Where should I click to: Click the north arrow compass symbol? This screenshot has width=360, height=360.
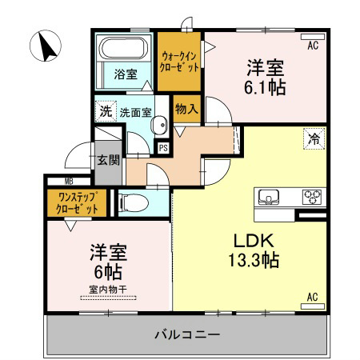point(46,46)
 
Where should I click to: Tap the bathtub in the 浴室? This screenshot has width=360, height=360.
point(123,48)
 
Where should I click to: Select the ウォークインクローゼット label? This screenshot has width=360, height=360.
point(179,62)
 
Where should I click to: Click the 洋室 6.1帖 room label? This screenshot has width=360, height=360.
point(265,77)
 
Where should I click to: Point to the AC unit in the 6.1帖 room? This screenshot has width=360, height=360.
point(313,37)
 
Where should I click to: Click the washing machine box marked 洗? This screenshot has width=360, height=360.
point(106,111)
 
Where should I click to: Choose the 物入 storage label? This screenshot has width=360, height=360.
point(186,109)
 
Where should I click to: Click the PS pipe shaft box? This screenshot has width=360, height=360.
point(163,148)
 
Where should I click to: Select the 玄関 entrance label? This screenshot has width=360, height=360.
point(108,160)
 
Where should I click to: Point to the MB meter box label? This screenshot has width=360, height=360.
point(69,182)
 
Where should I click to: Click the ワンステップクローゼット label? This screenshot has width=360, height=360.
point(77,203)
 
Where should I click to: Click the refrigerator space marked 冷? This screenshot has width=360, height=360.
point(314,138)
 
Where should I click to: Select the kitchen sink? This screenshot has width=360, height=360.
point(269,197)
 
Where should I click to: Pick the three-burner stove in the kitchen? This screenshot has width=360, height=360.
point(312,197)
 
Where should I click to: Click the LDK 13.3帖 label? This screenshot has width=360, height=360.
point(254,250)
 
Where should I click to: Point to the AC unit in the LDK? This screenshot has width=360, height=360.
point(313,306)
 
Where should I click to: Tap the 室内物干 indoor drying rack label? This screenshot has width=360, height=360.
point(108,290)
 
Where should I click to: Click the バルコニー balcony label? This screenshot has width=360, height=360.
point(187,334)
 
